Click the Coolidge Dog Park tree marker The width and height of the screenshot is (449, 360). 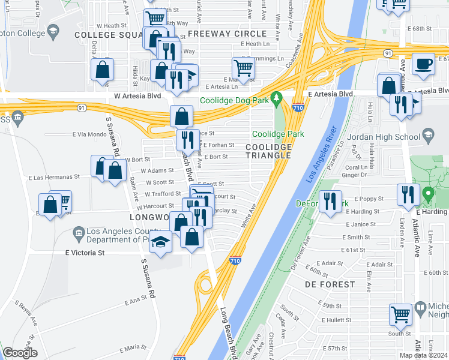click(276, 97)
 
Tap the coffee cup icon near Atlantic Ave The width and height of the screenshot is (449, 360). click(424, 64)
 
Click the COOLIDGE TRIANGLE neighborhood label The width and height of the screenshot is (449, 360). click(268, 151)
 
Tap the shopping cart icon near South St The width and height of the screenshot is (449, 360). click(400, 315)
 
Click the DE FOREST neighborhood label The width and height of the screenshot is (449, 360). click(330, 284)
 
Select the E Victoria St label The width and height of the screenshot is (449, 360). click(85, 253)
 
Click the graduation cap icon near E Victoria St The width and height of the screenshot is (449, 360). click(160, 242)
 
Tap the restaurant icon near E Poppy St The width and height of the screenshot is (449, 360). click(407, 194)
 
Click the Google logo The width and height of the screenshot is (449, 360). click(20, 353)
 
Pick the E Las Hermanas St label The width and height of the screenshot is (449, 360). click(54, 178)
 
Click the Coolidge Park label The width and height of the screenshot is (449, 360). click(278, 134)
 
